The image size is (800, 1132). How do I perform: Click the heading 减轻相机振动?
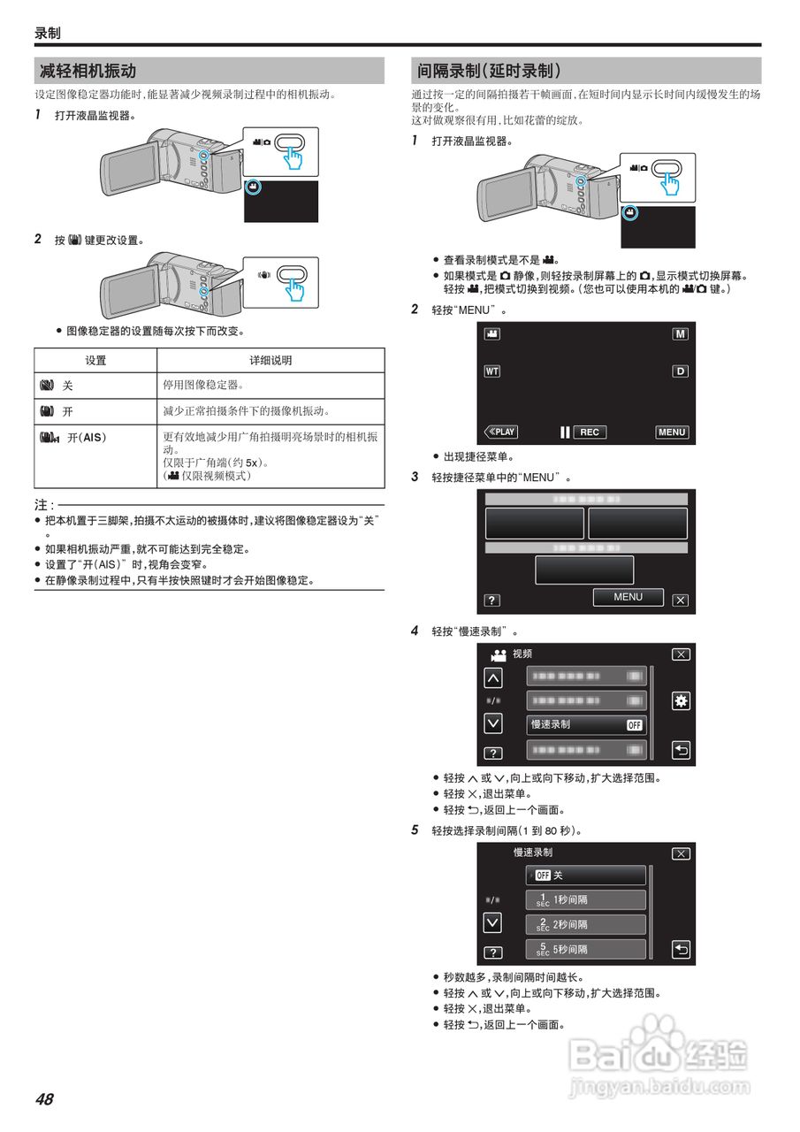tap(88, 71)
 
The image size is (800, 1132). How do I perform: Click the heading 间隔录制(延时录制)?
tap(489, 71)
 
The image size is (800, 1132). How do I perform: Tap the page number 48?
tap(44, 1099)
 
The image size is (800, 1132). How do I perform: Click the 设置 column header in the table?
tap(95, 361)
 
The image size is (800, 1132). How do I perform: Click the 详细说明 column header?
tap(270, 361)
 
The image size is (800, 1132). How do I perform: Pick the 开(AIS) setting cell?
tap(95, 437)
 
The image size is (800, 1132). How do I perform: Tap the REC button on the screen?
tap(589, 432)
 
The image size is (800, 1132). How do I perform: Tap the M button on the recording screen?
tap(680, 334)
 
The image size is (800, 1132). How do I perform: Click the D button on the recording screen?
tap(680, 371)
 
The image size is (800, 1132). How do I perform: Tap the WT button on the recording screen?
tap(492, 371)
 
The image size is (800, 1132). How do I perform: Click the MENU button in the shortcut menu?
tap(628, 597)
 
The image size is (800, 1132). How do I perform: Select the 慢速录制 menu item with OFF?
tap(586, 724)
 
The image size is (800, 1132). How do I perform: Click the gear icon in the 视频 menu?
tap(681, 700)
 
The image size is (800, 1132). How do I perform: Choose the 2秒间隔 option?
tap(586, 924)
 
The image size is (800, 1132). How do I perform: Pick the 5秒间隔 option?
tap(586, 949)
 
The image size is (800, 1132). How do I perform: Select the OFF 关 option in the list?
tap(586, 875)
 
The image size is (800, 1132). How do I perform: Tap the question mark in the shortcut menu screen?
tap(492, 600)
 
